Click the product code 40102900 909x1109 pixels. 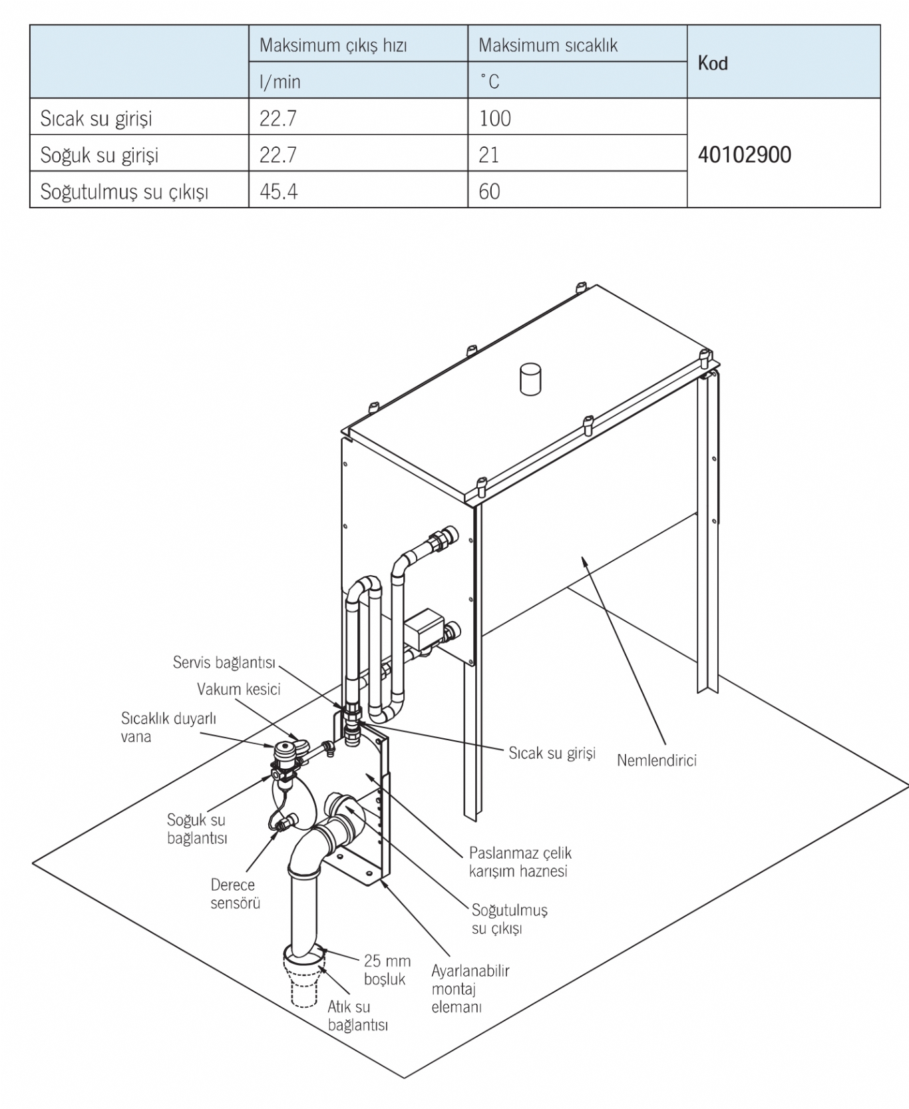(744, 154)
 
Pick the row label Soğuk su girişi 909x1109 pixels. (100, 155)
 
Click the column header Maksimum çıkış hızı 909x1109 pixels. (333, 45)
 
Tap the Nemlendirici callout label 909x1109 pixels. (656, 760)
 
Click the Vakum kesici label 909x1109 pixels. (238, 689)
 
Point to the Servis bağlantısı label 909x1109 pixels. (224, 662)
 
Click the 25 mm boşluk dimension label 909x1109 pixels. (387, 970)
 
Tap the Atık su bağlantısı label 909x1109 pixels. (357, 1016)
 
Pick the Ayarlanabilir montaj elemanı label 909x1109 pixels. (470, 989)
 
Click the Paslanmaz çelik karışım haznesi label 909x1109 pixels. (520, 862)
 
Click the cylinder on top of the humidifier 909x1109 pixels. (530, 379)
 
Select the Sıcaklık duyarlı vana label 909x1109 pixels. (168, 727)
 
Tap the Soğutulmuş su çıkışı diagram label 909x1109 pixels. (509, 919)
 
